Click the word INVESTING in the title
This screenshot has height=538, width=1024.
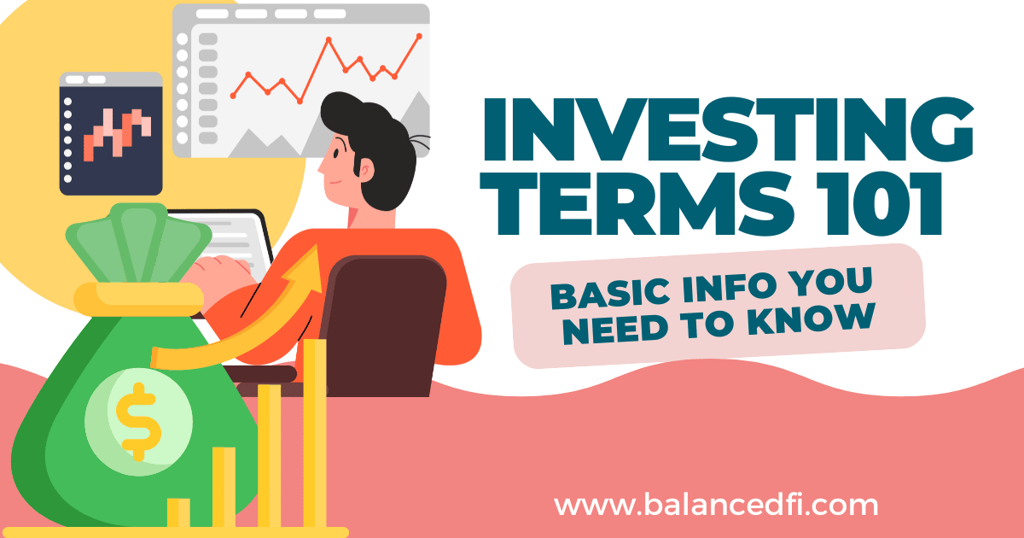point(728,130)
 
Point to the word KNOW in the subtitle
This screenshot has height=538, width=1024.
point(812,319)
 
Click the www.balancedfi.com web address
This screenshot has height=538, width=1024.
point(716,505)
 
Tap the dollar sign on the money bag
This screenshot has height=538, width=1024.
point(138,422)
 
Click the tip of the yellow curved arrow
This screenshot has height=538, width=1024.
point(316,246)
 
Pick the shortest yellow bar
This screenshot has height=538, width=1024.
point(178,513)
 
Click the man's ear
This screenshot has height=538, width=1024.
point(366,171)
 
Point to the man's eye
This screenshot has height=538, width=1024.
point(336,152)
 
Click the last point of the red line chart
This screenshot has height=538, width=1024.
point(419,36)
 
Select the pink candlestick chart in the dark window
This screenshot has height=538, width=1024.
point(118,135)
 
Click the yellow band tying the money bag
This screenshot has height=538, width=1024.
point(138,299)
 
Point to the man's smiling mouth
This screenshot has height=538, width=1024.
point(335,182)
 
